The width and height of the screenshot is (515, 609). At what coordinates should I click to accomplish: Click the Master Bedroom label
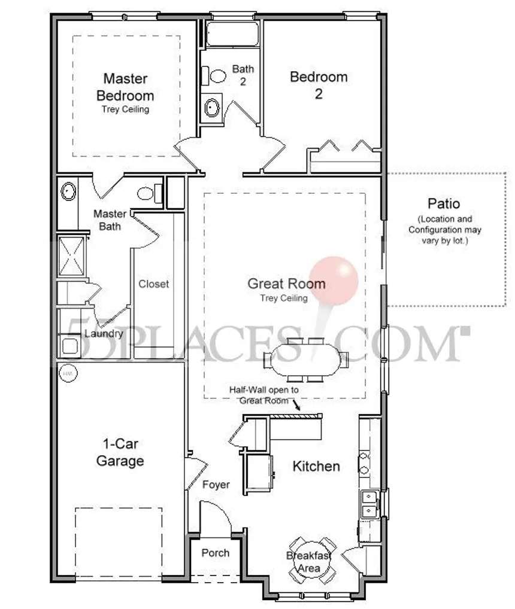pyautogui.click(x=125, y=87)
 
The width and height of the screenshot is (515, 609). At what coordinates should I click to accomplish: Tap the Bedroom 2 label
pyautogui.click(x=319, y=85)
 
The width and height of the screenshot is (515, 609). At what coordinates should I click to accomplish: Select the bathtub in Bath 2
pyautogui.click(x=232, y=34)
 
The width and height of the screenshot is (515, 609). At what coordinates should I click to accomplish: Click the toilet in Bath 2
pyautogui.click(x=213, y=76)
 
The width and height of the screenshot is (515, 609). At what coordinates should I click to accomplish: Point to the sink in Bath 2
pyautogui.click(x=212, y=108)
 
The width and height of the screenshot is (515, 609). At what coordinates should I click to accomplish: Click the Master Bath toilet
pyautogui.click(x=150, y=193)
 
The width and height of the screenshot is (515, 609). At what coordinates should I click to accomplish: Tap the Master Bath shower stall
pyautogui.click(x=71, y=256)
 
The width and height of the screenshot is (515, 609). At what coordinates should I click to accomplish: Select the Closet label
pyautogui.click(x=153, y=284)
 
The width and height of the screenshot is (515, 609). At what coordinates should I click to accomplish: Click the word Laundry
pyautogui.click(x=104, y=333)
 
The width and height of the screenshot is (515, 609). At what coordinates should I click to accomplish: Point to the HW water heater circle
pyautogui.click(x=68, y=373)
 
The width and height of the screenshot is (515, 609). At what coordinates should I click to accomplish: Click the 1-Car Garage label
pyautogui.click(x=120, y=452)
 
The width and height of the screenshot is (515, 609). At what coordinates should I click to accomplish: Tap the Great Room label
pyautogui.click(x=286, y=284)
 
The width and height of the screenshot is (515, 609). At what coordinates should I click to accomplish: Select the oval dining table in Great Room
pyautogui.click(x=305, y=360)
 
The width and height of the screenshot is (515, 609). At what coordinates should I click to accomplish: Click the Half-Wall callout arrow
pyautogui.click(x=296, y=405)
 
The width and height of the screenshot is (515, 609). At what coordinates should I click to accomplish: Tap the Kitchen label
pyautogui.click(x=316, y=466)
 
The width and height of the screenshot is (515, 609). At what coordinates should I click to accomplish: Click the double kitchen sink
pyautogui.click(x=369, y=504)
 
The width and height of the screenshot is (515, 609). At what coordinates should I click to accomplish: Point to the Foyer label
pyautogui.click(x=216, y=485)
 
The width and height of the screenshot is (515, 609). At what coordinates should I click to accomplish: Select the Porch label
pyautogui.click(x=216, y=553)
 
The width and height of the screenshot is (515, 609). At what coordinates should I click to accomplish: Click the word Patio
pyautogui.click(x=444, y=203)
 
